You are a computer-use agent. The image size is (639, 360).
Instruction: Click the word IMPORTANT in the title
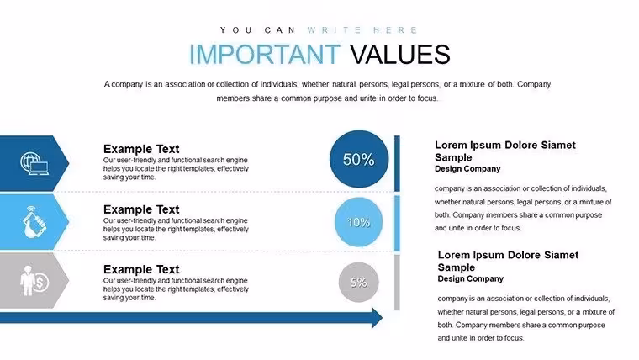265,54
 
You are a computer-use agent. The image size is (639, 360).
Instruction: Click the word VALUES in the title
399,54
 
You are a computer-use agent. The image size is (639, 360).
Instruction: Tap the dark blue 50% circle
359,159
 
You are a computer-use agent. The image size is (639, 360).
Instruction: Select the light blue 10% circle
359,222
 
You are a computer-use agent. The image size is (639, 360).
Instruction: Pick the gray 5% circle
359,282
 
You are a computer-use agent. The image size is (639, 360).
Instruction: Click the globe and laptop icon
34,163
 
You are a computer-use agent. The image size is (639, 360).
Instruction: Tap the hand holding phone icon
35,222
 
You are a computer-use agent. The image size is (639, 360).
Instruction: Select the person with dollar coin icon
34,281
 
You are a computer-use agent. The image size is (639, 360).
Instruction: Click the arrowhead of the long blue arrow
378,318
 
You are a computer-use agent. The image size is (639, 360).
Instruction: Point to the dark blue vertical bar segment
397,163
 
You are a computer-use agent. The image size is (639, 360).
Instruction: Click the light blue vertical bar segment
397,223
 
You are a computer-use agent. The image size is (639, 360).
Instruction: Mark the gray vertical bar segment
397,282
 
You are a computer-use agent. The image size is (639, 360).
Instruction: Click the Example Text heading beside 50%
141,149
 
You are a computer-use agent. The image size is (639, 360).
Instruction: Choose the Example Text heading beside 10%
141,209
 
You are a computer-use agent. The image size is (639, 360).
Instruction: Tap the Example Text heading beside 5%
141,269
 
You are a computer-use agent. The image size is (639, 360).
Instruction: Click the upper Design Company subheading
467,169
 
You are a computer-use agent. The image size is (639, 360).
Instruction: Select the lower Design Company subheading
470,279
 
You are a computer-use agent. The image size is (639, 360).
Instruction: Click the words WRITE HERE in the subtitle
362,30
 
